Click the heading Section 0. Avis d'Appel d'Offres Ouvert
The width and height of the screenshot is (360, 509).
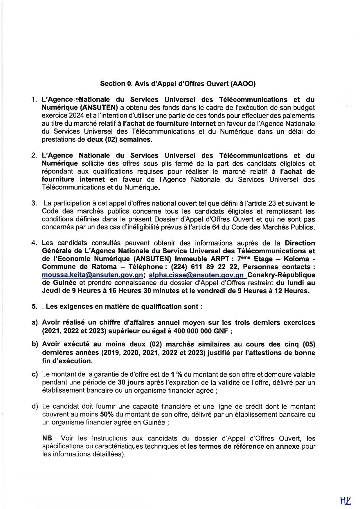point(178,84)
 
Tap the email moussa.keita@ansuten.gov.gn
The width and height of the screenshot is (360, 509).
point(92,275)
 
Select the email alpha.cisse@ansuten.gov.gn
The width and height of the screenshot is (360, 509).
point(196,275)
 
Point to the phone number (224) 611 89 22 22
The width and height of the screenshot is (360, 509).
point(205,267)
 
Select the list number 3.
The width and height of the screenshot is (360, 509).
point(34,203)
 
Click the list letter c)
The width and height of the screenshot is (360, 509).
point(35,374)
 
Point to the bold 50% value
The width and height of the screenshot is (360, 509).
point(107,414)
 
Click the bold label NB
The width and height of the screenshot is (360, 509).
point(47,438)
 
